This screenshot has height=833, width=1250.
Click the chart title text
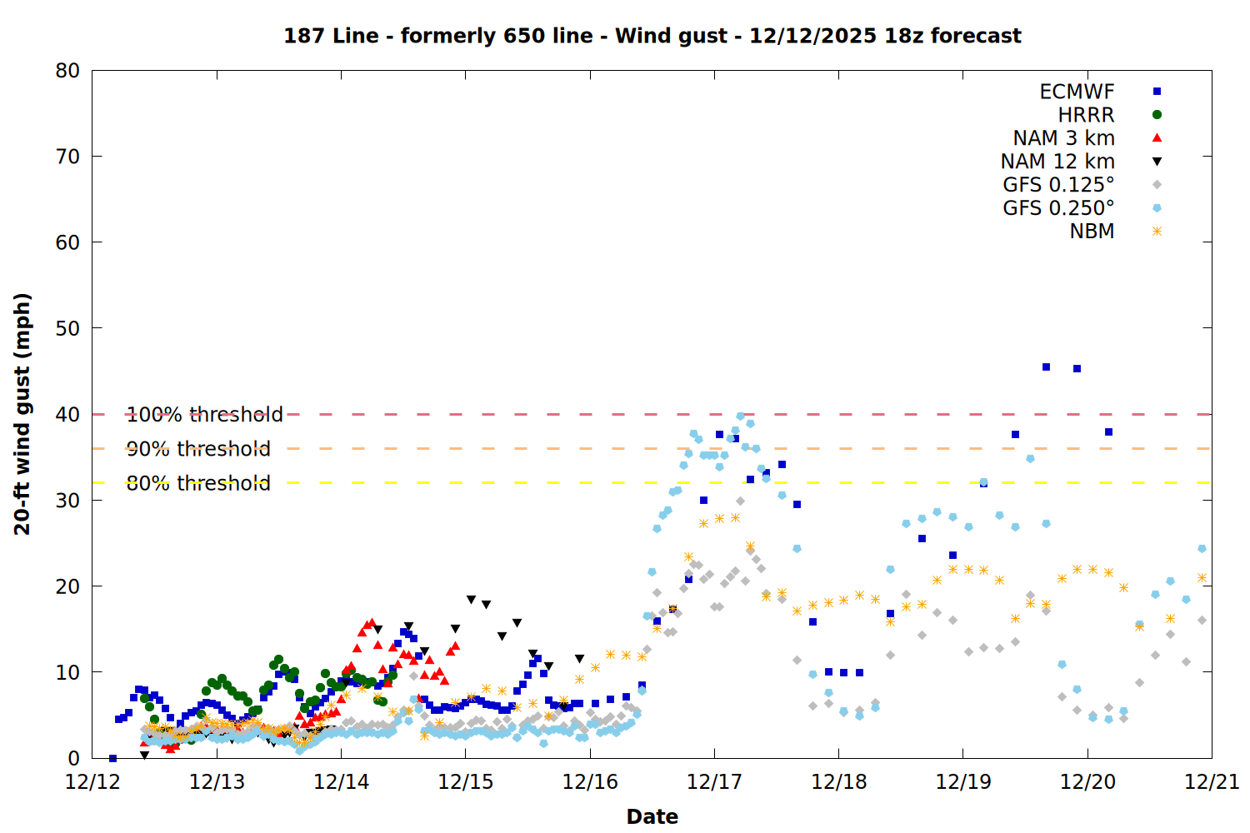[652, 36]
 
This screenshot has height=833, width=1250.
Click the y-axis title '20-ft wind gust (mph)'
[22, 414]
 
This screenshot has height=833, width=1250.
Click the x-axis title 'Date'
[652, 816]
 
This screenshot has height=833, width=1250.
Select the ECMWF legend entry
[1077, 92]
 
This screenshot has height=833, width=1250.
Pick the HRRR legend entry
[1086, 115]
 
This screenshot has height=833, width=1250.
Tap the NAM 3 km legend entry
[1063, 138]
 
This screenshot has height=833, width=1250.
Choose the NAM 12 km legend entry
[1057, 162]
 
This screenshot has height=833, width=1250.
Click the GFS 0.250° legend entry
[1058, 208]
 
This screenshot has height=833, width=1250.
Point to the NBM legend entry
[1092, 232]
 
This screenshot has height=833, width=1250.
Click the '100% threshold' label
[204, 415]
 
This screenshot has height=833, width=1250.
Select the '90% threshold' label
[198, 449]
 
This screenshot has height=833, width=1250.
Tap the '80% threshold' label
[198, 483]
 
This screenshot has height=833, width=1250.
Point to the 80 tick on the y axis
[67, 71]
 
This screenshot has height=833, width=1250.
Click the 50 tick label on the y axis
[67, 328]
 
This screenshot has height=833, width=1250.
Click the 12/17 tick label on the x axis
[714, 782]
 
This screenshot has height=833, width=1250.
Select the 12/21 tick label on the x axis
[1212, 782]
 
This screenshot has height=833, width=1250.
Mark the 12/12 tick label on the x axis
[92, 782]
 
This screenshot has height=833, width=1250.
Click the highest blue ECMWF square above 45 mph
[1046, 367]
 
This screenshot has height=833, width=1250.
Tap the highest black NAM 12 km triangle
[471, 600]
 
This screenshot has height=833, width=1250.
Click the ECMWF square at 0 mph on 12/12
[112, 758]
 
